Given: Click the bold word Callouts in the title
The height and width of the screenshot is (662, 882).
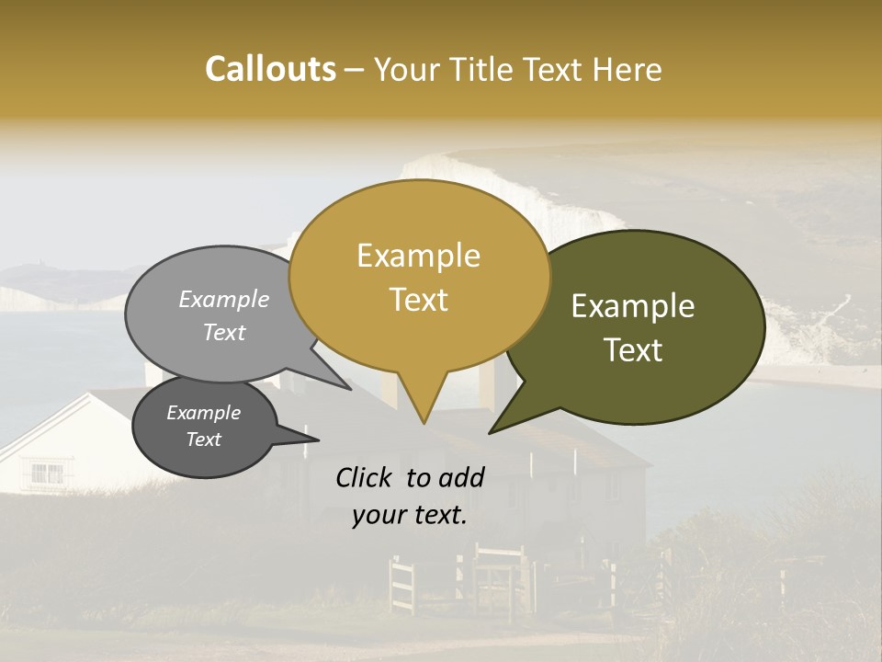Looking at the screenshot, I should (x=270, y=69).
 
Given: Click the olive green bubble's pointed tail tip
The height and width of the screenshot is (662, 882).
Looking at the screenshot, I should (x=491, y=432).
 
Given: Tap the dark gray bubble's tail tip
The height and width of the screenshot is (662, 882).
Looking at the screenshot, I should (x=318, y=440).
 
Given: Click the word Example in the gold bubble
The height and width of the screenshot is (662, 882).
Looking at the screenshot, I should (x=418, y=256).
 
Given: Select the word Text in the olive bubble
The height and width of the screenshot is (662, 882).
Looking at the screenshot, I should (x=633, y=350).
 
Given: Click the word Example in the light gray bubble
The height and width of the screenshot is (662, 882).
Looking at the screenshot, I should (x=224, y=299).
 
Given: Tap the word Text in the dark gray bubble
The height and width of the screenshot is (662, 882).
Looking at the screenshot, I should (x=203, y=439).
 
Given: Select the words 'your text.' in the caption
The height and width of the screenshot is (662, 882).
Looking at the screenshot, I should (x=410, y=515).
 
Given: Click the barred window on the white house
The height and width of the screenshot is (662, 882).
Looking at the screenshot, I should (x=48, y=474).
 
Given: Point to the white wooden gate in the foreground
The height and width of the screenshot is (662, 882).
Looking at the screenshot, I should (x=401, y=584).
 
